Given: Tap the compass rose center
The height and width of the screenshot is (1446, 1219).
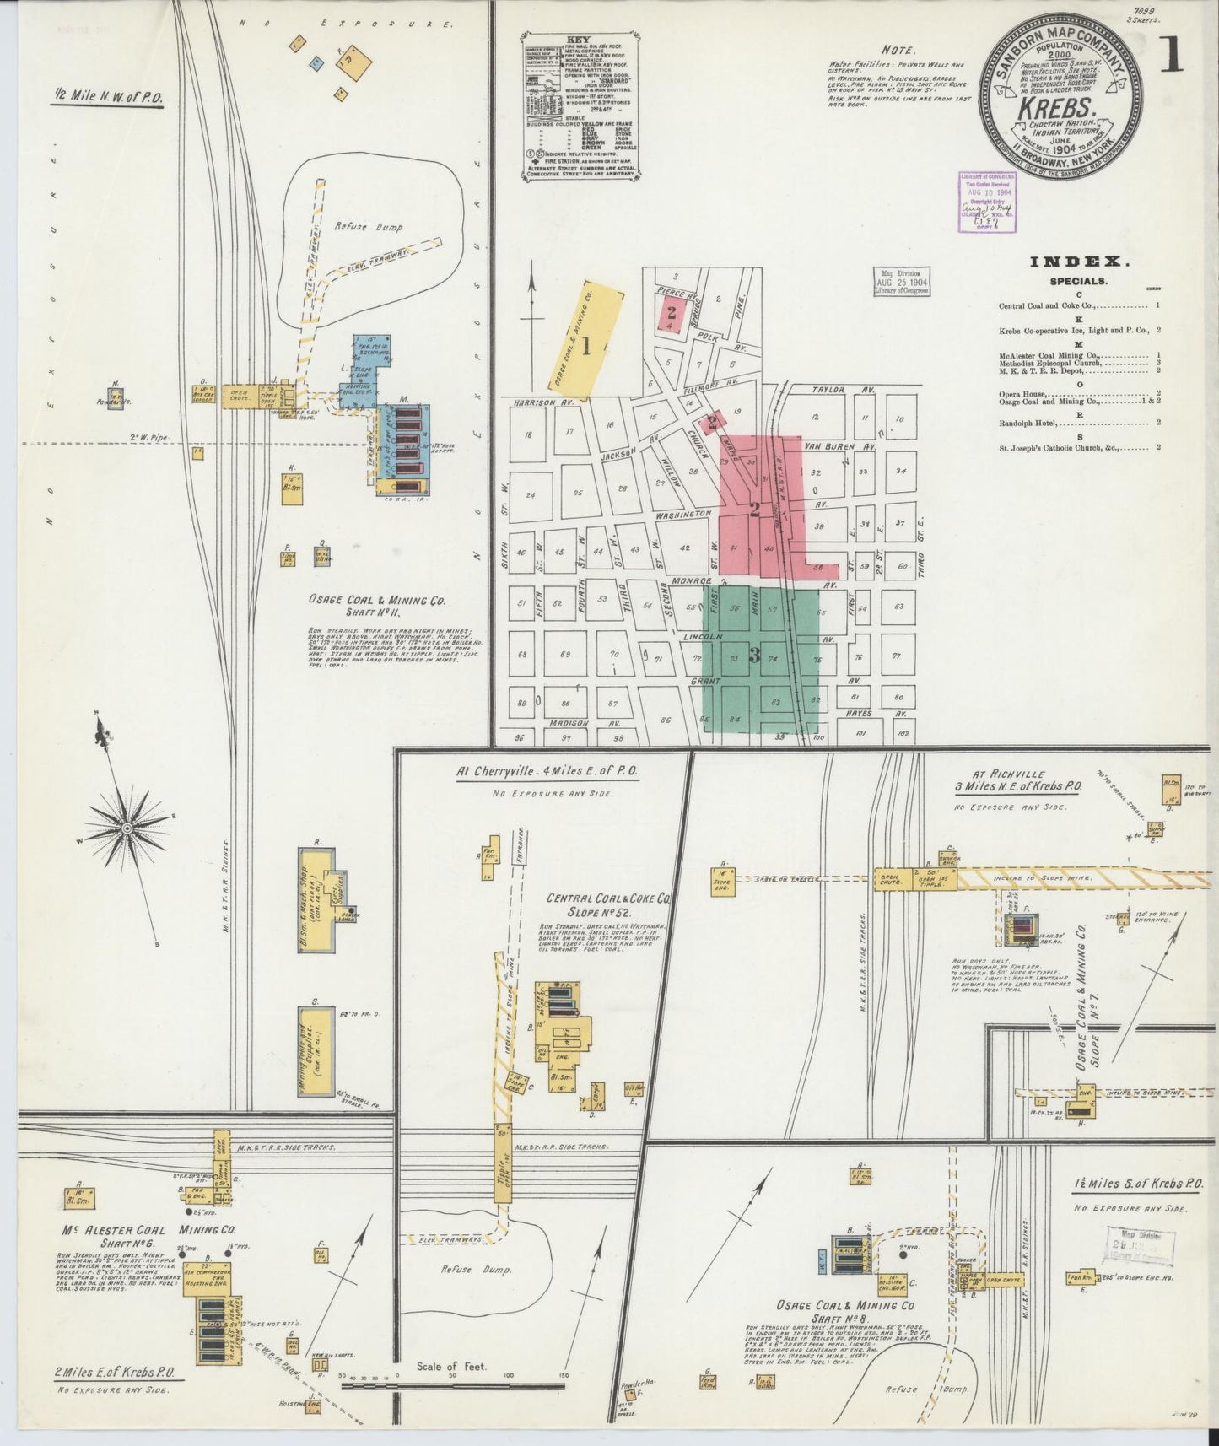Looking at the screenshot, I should [x=126, y=828].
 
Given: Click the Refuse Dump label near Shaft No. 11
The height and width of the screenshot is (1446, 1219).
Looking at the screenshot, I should [x=369, y=227].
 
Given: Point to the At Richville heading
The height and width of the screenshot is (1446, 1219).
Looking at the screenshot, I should [x=1010, y=774].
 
